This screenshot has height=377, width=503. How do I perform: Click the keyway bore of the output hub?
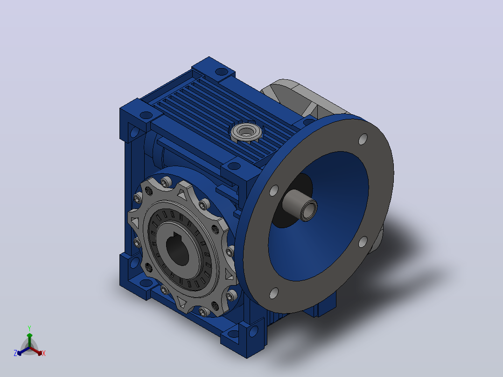(x=178, y=248)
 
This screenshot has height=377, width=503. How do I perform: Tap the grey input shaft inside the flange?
(x=299, y=205)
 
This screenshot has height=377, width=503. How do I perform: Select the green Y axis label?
(x=29, y=328)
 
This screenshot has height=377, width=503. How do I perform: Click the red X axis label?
(x=44, y=353)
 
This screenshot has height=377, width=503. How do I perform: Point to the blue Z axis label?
(x=15, y=353)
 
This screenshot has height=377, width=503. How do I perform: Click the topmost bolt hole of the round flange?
(x=363, y=139)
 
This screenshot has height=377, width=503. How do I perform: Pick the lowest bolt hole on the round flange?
(x=273, y=293)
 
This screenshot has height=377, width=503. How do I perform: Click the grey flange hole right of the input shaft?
(x=363, y=242)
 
